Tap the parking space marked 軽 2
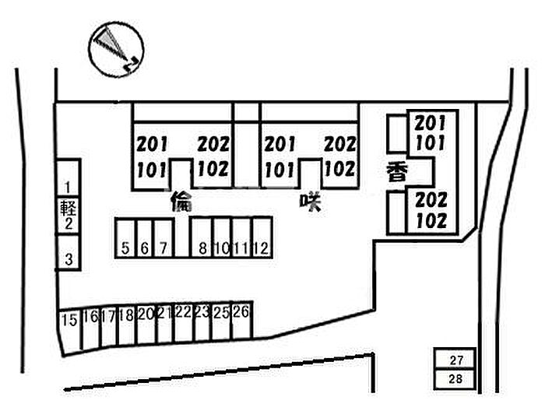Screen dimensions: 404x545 pos(69,216)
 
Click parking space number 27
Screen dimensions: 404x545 pos(456,360)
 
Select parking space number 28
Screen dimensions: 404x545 pos(456,378)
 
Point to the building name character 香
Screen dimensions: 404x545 pos(394,173)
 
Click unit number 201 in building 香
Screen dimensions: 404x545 pos(431,123)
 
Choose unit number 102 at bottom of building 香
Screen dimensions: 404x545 pos(431,220)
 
